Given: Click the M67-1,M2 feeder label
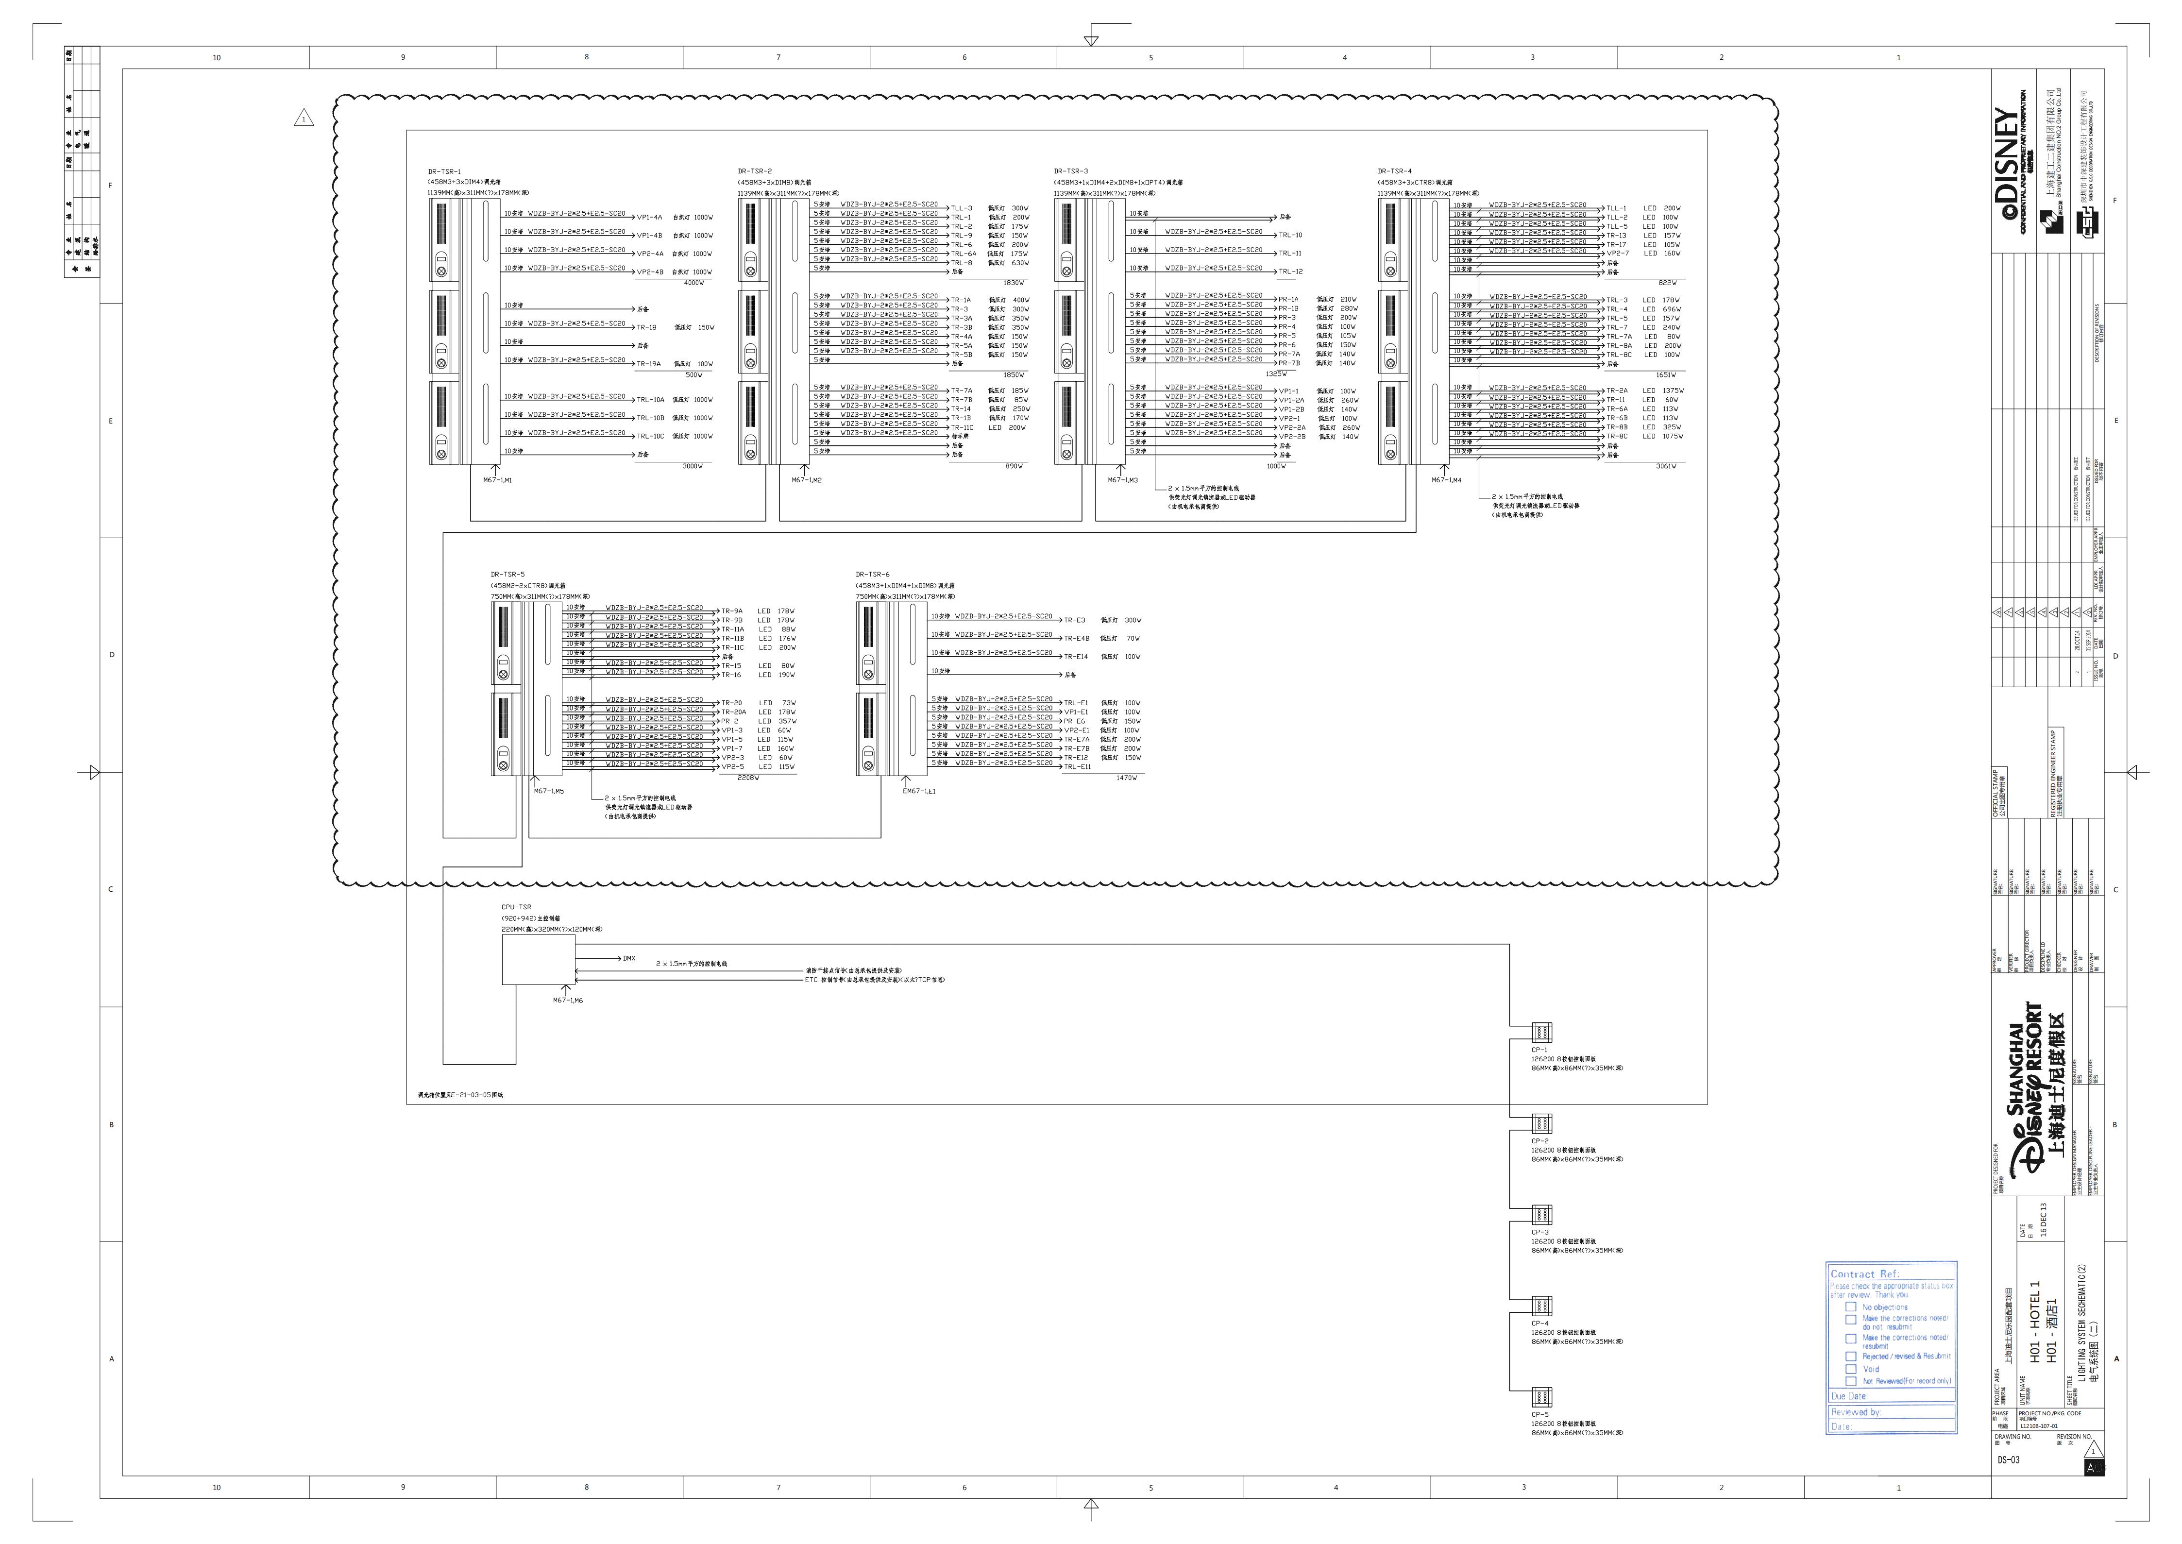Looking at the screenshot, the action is tap(806, 480).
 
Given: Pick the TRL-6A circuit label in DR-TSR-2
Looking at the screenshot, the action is tap(963, 254).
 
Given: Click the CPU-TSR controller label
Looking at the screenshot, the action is tap(516, 908).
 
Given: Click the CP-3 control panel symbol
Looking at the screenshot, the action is tap(1541, 1215).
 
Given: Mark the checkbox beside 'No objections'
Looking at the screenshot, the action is tap(1850, 1307).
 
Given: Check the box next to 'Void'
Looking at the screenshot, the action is tap(1850, 1370).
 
